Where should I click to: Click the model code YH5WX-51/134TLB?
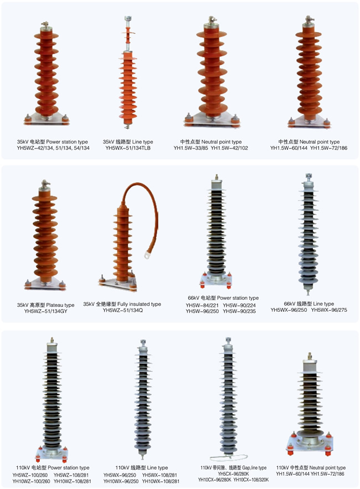click(128, 148)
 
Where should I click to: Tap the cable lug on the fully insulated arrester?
click(147, 255)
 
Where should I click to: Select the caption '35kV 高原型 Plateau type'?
click(45, 305)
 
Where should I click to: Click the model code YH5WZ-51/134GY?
click(45, 311)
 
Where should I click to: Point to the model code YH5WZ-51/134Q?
click(122, 310)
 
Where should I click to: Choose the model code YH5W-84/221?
click(202, 305)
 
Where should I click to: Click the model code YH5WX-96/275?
click(329, 310)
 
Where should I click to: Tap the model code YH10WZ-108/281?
click(73, 481)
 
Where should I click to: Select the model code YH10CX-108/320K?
click(251, 480)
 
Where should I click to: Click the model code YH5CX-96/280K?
click(233, 474)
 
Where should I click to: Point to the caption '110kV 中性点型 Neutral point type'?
click(311, 468)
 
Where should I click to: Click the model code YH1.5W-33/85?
click(191, 148)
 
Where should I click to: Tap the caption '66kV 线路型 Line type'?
click(309, 303)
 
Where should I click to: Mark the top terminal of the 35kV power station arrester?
click(45, 25)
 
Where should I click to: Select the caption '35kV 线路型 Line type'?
click(128, 142)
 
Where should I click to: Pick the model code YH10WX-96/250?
click(121, 481)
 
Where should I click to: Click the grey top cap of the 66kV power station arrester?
click(216, 184)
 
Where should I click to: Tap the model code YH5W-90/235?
click(239, 311)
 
